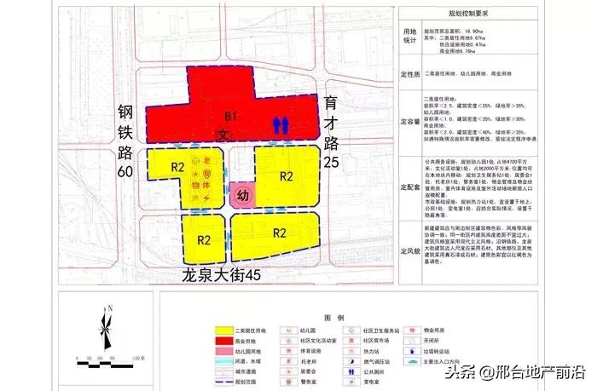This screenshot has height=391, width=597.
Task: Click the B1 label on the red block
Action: (229, 116)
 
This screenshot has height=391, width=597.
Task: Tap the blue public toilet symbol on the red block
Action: (283, 124)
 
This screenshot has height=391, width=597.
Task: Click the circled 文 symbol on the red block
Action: (222, 134)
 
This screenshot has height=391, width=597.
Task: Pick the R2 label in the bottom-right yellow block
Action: (279, 233)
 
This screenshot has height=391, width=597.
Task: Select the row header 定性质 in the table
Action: (409, 74)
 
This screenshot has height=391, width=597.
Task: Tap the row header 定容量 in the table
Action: (409, 121)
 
